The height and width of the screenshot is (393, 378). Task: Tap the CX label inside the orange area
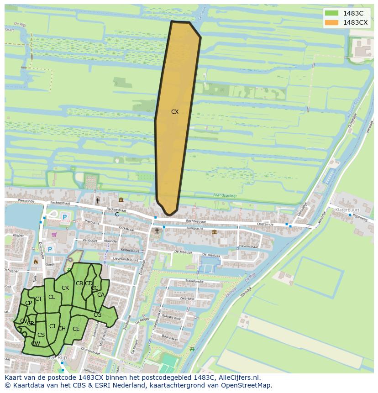tap(175, 111)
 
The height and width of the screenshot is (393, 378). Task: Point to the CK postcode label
tap(65, 288)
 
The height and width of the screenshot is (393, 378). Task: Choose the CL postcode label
tap(52, 297)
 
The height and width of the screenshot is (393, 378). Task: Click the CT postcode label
tap(39, 299)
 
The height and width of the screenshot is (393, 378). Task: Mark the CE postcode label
tap(76, 329)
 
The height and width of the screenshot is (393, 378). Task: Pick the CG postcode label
tap(97, 315)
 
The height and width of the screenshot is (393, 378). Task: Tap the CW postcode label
tap(36, 344)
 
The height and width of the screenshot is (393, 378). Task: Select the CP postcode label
tap(28, 303)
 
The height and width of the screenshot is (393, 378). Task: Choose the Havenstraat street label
tap(248, 246)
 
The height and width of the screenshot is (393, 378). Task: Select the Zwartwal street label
tap(187, 299)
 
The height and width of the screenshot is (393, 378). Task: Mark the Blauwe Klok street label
tap(172, 318)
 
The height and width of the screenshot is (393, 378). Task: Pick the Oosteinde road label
tap(265, 225)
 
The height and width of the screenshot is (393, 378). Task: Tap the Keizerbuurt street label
tap(130, 251)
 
